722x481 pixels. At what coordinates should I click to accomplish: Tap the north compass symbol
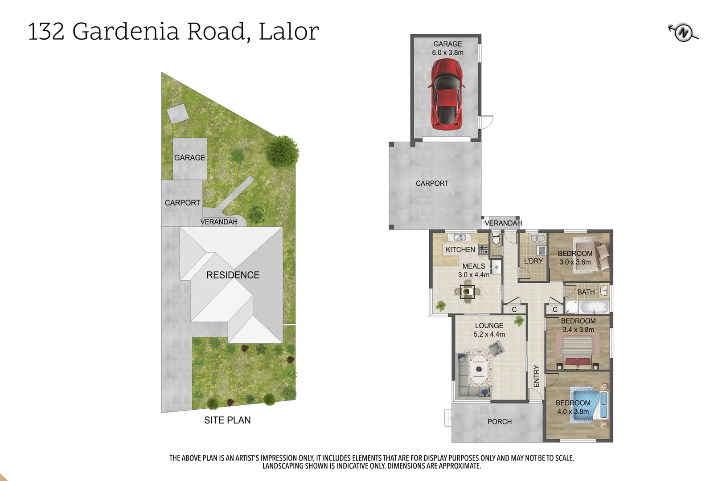(683, 33)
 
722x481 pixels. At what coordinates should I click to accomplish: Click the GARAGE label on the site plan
(189, 158)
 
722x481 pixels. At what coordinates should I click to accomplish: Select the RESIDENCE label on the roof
(233, 275)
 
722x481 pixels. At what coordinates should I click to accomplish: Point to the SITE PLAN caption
(227, 420)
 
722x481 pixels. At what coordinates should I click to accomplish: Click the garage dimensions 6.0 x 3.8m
(447, 53)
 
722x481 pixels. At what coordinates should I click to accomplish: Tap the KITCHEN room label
(460, 249)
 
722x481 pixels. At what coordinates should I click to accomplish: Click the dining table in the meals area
(467, 292)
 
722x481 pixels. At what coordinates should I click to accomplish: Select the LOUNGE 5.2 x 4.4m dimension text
(489, 334)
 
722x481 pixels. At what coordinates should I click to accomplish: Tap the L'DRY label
(533, 261)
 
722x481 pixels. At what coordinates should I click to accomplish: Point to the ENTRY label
(536, 376)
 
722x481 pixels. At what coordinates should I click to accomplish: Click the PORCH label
(499, 421)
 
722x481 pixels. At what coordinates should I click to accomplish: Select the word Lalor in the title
(288, 32)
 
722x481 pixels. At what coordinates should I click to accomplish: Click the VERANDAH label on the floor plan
(503, 223)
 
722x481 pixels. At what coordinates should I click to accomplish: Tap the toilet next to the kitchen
(496, 240)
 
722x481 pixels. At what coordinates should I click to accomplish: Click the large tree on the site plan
(283, 151)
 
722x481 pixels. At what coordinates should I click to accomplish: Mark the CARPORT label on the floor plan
(432, 183)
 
